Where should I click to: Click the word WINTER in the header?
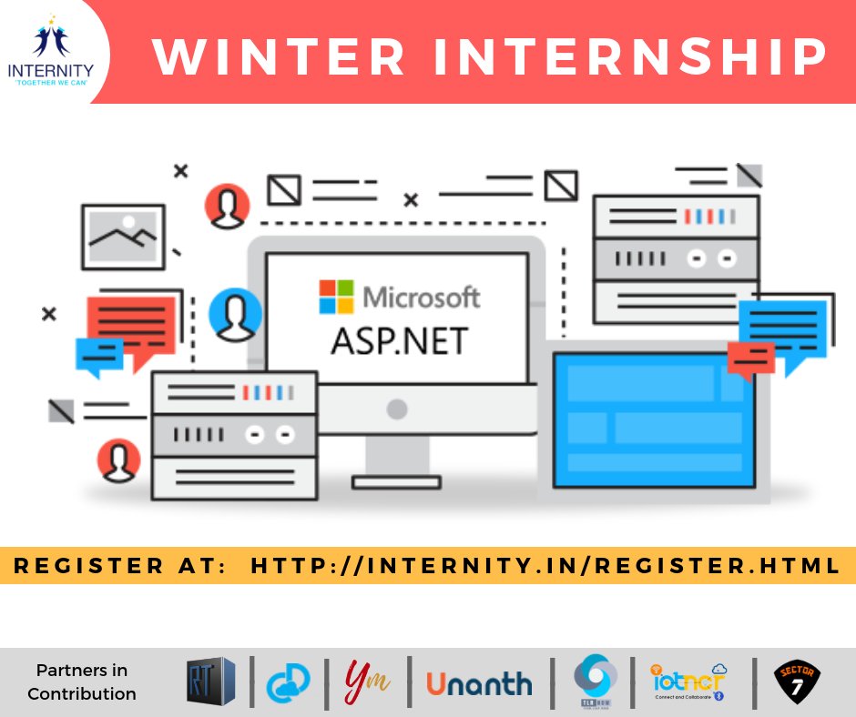click(x=279, y=56)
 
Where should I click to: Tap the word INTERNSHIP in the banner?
click(x=626, y=56)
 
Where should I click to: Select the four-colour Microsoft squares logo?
click(x=334, y=297)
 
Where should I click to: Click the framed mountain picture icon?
click(x=123, y=236)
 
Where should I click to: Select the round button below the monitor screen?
click(x=396, y=409)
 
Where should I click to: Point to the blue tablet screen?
click(x=654, y=419)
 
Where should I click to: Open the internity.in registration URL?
click(x=545, y=566)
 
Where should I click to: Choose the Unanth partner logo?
click(x=479, y=682)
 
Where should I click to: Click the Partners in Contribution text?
click(x=82, y=682)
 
